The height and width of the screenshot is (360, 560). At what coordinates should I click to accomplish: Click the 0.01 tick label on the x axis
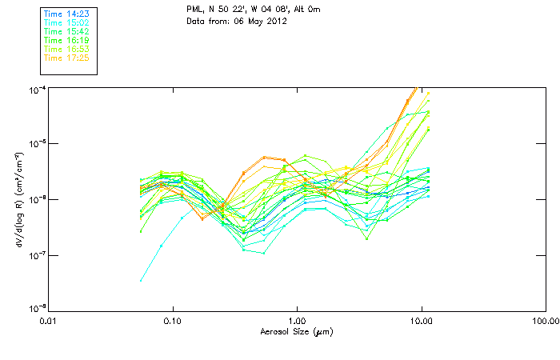49,321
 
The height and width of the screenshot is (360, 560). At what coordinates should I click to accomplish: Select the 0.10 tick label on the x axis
173,321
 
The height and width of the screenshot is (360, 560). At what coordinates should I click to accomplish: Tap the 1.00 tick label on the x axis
297,321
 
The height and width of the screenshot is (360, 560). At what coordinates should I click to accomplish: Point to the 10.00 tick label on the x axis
421,321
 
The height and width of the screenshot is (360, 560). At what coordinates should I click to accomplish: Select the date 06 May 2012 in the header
259,21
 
